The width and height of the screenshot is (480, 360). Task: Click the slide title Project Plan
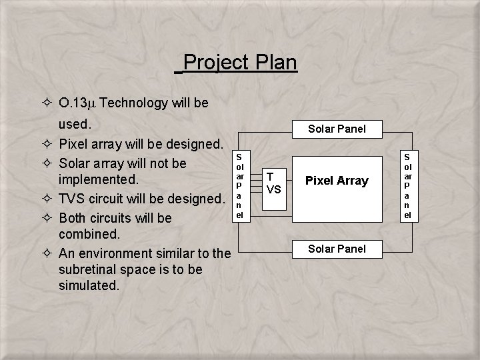(x=239, y=63)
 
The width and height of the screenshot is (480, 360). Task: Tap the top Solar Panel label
(x=336, y=129)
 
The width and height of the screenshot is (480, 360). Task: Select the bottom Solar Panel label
(x=336, y=249)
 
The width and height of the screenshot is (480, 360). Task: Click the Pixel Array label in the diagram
(x=337, y=181)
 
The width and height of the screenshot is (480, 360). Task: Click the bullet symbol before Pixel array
(x=47, y=144)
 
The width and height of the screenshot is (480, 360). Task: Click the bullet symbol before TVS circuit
(x=47, y=199)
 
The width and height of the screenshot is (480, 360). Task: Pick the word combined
(x=89, y=234)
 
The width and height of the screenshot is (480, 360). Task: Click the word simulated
(x=89, y=285)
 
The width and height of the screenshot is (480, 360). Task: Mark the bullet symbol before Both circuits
(x=47, y=218)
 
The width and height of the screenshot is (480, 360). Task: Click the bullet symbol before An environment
(x=47, y=253)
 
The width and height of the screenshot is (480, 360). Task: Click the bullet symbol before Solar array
(x=47, y=163)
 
